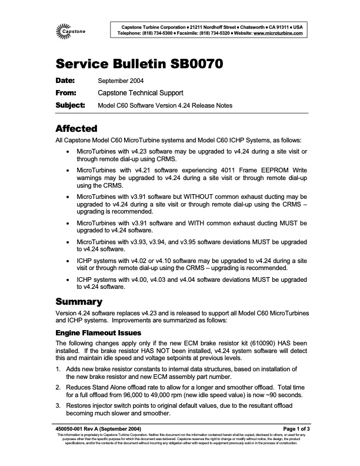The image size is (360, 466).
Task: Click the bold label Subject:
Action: pyautogui.click(x=70, y=105)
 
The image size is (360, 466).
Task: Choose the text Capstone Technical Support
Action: pyautogui.click(x=141, y=92)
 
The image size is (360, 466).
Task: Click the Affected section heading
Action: pyautogui.click(x=76, y=128)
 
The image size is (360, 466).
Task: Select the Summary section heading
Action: pyautogui.click(x=79, y=302)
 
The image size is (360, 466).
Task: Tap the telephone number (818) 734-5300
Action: pyautogui.click(x=156, y=34)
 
